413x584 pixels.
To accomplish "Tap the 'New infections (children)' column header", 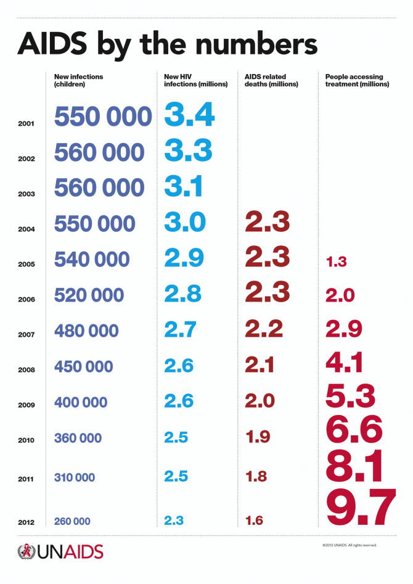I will pyautogui.click(x=78, y=80).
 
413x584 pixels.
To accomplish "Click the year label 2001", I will pyautogui.click(x=27, y=124).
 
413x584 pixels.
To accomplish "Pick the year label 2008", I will pyautogui.click(x=27, y=370).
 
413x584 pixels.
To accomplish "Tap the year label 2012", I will pyautogui.click(x=27, y=522).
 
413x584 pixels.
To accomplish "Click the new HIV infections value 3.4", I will pyautogui.click(x=189, y=115).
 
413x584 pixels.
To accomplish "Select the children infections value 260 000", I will pyautogui.click(x=72, y=522).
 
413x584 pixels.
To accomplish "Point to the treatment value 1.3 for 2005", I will pyautogui.click(x=336, y=262).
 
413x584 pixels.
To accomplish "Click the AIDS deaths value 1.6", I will pyautogui.click(x=254, y=521).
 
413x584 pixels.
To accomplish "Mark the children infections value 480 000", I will pyautogui.click(x=86, y=331).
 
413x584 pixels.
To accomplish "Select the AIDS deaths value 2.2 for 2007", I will pyautogui.click(x=264, y=329).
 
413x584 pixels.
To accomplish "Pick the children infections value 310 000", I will pyautogui.click(x=75, y=477).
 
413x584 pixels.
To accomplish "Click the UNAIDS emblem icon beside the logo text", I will pyautogui.click(x=27, y=551).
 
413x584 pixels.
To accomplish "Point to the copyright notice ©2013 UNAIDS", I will pyautogui.click(x=349, y=545).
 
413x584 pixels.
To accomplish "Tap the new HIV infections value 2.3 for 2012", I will pyautogui.click(x=174, y=520).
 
